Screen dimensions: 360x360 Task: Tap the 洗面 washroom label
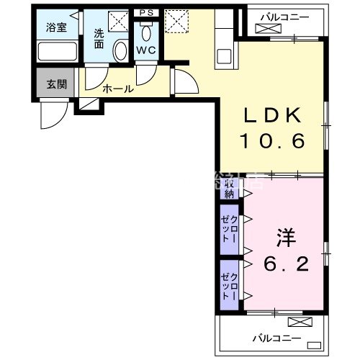pos(99,38)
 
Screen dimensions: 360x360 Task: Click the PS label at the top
pos(146,13)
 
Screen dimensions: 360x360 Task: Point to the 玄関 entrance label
pos(56,84)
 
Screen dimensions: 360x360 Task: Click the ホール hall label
pos(117,89)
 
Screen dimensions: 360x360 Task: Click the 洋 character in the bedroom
pos(283,238)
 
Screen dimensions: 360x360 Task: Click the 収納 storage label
pos(229,189)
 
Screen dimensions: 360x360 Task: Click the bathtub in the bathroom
pos(57,52)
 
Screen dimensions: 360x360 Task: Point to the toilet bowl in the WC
pos(146,30)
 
